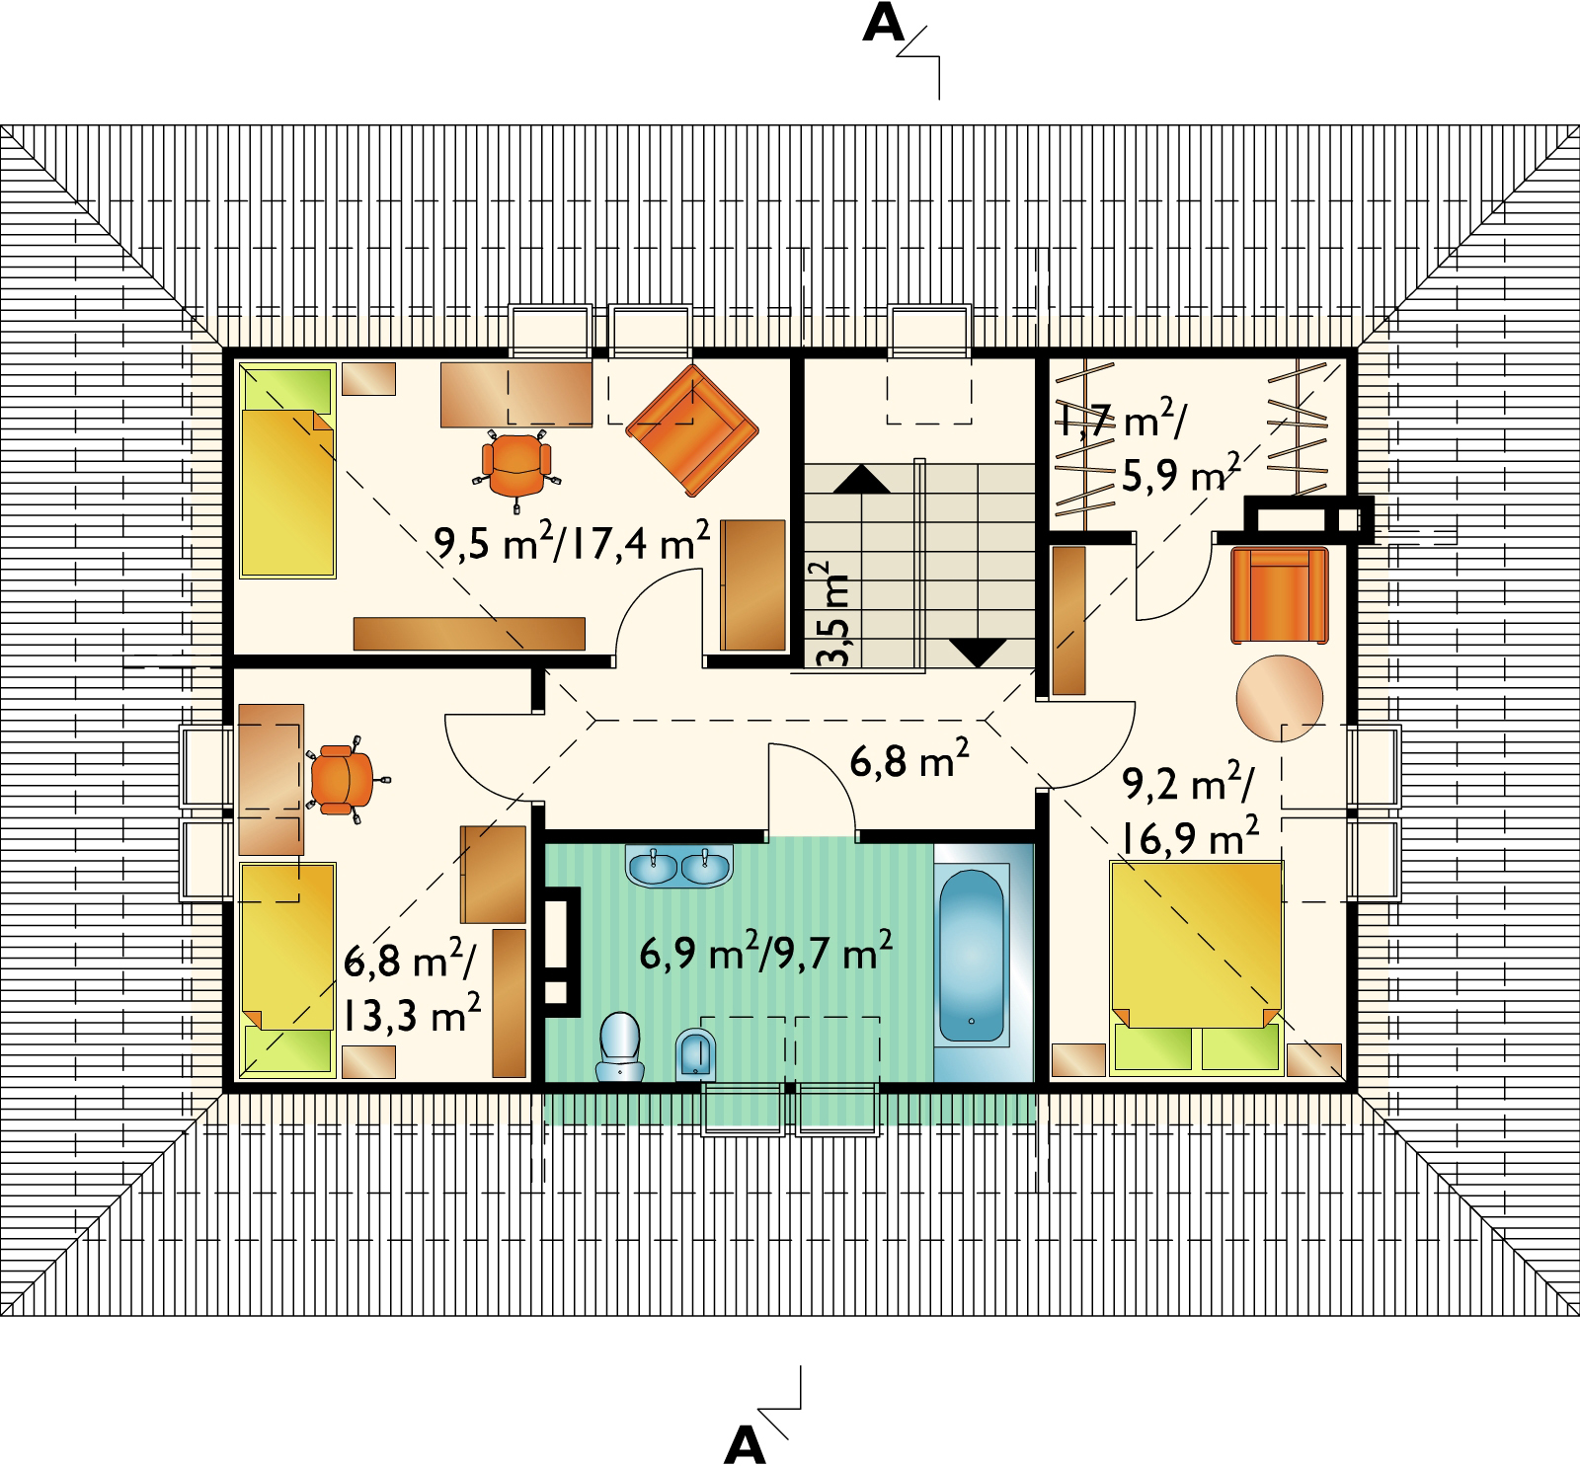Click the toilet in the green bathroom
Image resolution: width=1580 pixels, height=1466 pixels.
620,1046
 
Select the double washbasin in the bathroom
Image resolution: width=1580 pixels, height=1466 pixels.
679,867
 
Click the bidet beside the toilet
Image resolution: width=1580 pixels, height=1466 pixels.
696,1054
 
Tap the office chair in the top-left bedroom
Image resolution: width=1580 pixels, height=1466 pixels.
515,467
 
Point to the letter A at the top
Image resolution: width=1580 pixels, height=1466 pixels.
883,26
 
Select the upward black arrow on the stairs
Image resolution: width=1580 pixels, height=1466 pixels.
862,479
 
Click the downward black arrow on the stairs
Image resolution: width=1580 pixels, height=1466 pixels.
978,654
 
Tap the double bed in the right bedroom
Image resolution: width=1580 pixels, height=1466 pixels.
1196,966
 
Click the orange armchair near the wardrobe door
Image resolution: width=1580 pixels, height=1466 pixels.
1280,595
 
